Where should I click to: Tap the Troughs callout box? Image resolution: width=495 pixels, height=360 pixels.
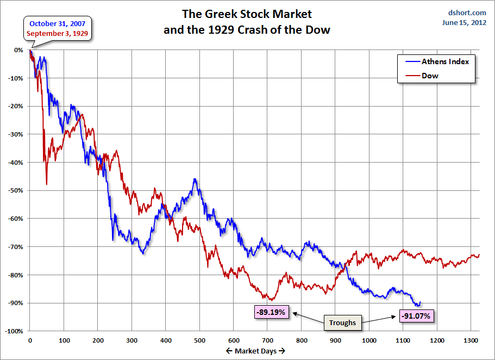pos(342,322)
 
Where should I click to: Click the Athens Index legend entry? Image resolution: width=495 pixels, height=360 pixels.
pos(445,61)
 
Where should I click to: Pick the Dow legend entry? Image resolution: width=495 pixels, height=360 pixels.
pos(430,76)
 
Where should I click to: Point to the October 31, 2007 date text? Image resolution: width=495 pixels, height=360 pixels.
pos(58,23)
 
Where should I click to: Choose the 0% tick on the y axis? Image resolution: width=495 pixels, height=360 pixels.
pos(18,50)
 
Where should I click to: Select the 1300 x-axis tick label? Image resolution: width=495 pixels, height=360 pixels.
pos(471,340)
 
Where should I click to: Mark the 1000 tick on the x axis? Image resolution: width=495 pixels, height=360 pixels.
pos(369,340)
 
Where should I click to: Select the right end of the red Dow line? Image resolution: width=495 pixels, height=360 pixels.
pos(479,255)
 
